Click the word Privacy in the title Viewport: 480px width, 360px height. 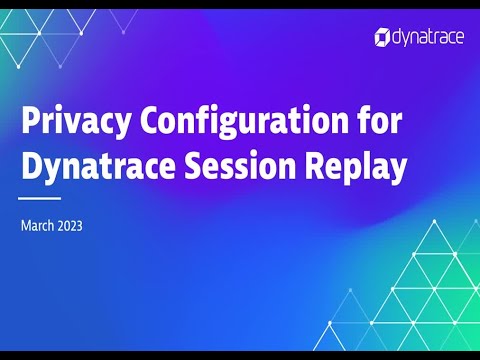pyautogui.click(x=75, y=124)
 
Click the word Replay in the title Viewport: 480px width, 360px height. pyautogui.click(x=361, y=167)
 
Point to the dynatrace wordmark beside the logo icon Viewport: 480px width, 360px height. pyautogui.click(x=428, y=37)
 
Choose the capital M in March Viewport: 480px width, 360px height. pyautogui.click(x=26, y=226)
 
